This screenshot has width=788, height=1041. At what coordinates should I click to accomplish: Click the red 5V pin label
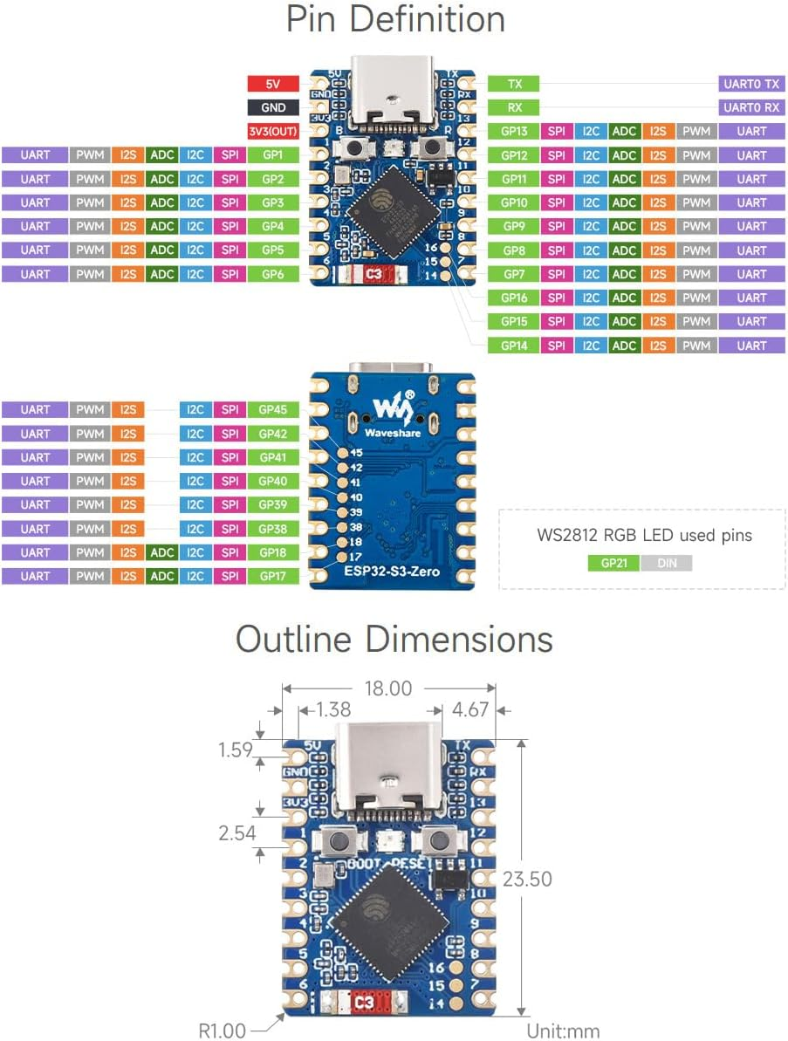tap(272, 84)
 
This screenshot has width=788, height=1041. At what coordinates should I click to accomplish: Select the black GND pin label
tap(272, 107)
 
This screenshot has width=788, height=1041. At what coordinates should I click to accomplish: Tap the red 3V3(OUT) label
tap(272, 132)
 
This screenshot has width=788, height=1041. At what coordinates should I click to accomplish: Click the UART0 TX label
tap(750, 84)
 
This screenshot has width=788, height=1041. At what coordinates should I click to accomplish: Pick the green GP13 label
tap(513, 132)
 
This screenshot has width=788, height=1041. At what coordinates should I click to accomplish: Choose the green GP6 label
tap(273, 274)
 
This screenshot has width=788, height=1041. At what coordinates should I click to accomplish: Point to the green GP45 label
tap(273, 409)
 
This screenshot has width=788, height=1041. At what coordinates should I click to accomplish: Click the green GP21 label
tap(613, 563)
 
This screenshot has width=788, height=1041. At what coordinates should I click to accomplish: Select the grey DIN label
tap(666, 563)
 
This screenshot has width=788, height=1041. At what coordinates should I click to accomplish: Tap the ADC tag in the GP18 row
tap(162, 552)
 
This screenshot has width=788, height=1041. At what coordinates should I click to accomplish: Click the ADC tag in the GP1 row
tap(162, 155)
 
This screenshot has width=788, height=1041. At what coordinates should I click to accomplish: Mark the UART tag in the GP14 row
tap(750, 346)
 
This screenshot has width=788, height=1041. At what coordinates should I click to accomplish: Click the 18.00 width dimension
tap(388, 688)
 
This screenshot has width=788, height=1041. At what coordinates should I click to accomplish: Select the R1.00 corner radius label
tap(222, 1031)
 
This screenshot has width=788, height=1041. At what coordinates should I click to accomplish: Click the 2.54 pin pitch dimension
tap(237, 832)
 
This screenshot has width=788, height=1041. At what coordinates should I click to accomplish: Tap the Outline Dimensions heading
tap(394, 640)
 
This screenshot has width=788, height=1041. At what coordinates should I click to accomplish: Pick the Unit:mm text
tap(563, 1031)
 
